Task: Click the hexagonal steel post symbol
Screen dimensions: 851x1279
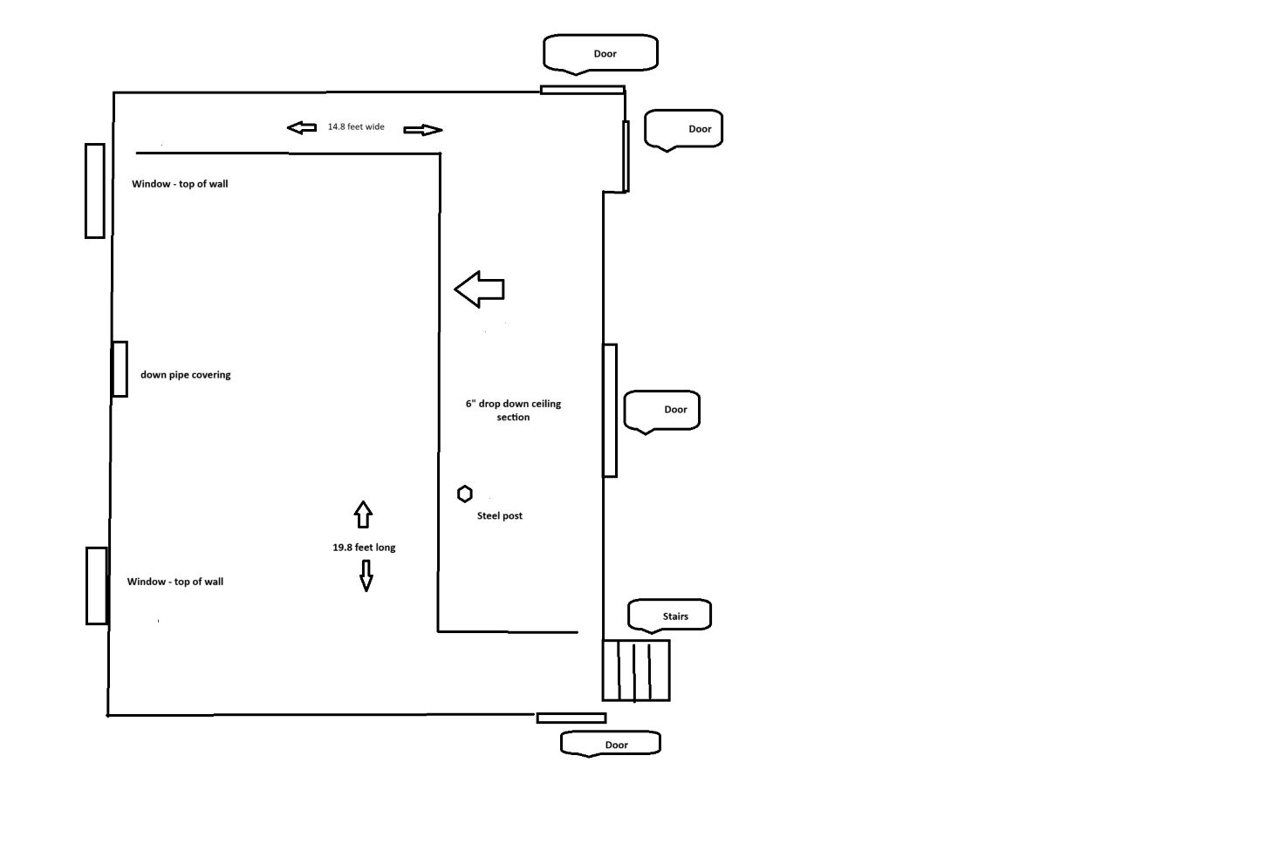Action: point(465,494)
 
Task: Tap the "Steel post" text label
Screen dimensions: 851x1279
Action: point(500,516)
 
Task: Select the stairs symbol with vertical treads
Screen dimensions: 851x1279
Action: point(636,671)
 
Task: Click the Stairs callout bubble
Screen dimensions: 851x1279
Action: point(669,616)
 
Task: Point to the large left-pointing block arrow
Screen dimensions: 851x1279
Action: point(480,289)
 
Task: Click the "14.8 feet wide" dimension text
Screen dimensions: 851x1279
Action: point(356,127)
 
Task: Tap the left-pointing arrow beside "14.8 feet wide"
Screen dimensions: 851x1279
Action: point(302,128)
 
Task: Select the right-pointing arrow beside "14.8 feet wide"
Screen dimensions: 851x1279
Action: point(423,131)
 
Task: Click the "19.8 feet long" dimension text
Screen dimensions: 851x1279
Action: point(364,548)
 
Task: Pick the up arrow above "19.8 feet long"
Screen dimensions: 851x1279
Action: point(364,514)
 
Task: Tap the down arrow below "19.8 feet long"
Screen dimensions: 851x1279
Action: point(366,575)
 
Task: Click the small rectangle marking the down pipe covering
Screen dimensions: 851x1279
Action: point(120,369)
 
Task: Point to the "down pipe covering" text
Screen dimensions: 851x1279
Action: point(186,375)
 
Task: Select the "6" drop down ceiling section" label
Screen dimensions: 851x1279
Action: point(513,410)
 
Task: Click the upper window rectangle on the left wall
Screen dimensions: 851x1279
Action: point(95,191)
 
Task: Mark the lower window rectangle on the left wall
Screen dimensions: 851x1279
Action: point(97,586)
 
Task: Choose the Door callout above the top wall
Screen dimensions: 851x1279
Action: point(600,53)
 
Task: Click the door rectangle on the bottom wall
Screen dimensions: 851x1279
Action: point(571,718)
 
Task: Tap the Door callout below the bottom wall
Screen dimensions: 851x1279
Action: point(611,744)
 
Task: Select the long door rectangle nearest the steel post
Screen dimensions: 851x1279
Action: point(611,411)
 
